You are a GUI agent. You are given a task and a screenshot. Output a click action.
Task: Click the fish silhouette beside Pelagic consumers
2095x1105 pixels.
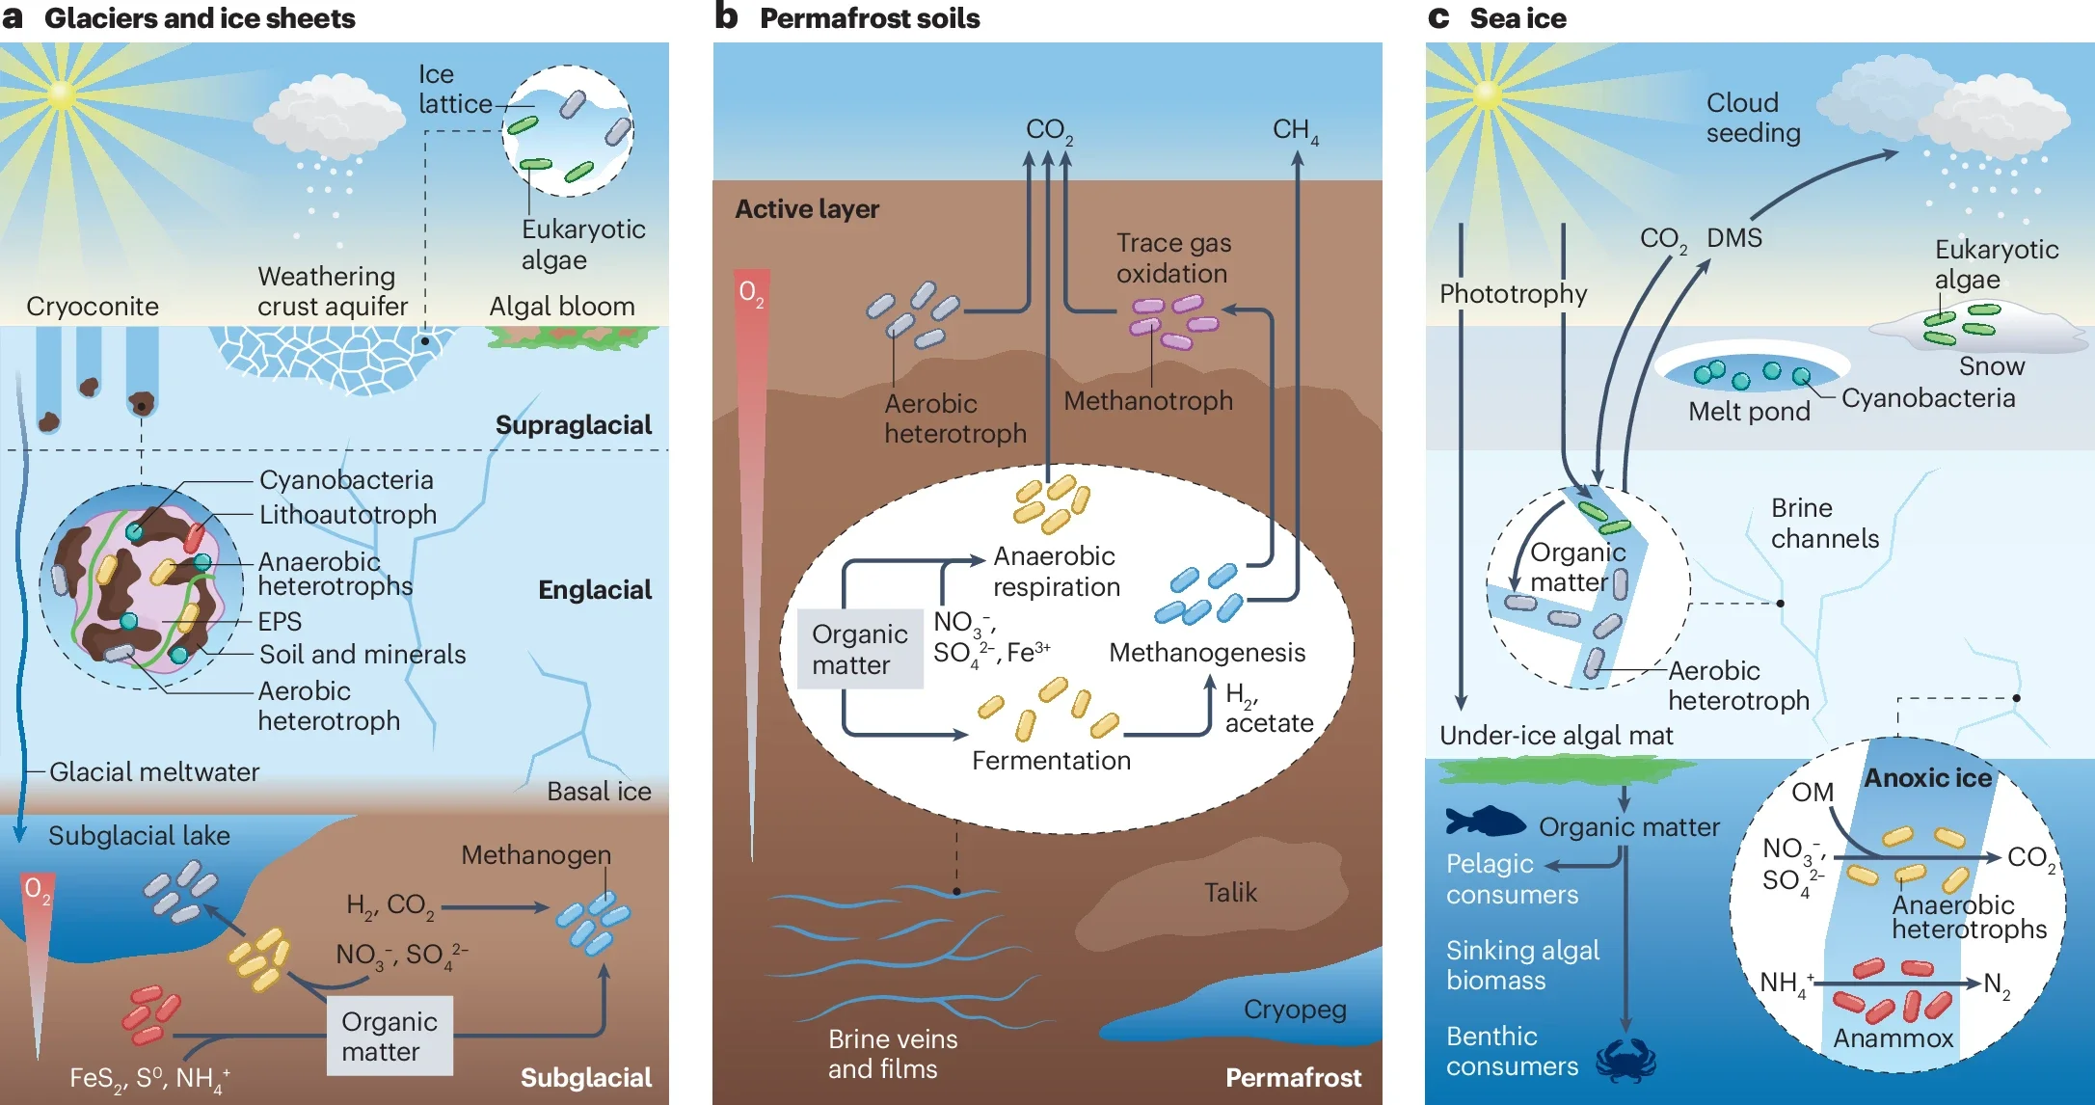(1485, 822)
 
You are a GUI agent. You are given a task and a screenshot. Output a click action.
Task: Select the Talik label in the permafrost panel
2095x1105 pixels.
(1230, 892)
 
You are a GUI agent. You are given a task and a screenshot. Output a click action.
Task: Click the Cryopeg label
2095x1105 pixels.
(1295, 1009)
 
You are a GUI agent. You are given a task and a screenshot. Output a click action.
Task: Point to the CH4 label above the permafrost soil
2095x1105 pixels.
(1295, 130)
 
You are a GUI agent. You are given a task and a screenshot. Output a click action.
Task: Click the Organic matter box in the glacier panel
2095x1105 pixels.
(389, 1037)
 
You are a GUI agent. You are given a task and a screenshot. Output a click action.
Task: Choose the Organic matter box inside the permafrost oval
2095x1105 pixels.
(859, 649)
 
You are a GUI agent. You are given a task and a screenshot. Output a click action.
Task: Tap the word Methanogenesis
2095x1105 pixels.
(1207, 653)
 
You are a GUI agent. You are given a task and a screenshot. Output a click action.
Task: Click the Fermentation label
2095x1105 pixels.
(1051, 761)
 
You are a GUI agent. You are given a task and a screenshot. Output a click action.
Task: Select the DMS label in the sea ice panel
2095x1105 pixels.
(1733, 237)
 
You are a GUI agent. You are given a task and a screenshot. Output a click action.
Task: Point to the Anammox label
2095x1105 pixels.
(1893, 1038)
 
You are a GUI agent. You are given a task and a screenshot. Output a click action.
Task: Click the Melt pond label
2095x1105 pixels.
(1749, 412)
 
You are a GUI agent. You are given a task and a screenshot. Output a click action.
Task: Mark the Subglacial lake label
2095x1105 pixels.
(139, 835)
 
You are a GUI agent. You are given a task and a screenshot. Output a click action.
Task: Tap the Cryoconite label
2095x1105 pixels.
(93, 306)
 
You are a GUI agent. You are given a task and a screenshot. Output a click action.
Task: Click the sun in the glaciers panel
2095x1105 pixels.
(61, 94)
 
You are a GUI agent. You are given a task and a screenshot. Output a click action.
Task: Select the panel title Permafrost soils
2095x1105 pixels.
(869, 18)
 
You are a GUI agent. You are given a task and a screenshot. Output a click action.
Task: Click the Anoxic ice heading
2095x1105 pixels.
(1927, 778)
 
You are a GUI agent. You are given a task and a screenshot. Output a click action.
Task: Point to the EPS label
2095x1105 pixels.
(280, 621)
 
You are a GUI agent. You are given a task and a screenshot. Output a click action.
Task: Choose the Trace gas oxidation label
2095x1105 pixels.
(1173, 257)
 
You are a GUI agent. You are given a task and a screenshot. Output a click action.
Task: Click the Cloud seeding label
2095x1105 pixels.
(1753, 117)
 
